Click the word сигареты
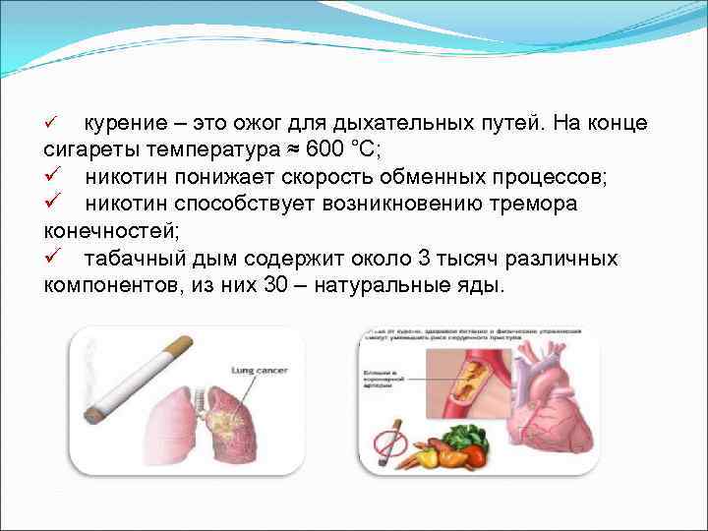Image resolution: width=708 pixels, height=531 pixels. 89,150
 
